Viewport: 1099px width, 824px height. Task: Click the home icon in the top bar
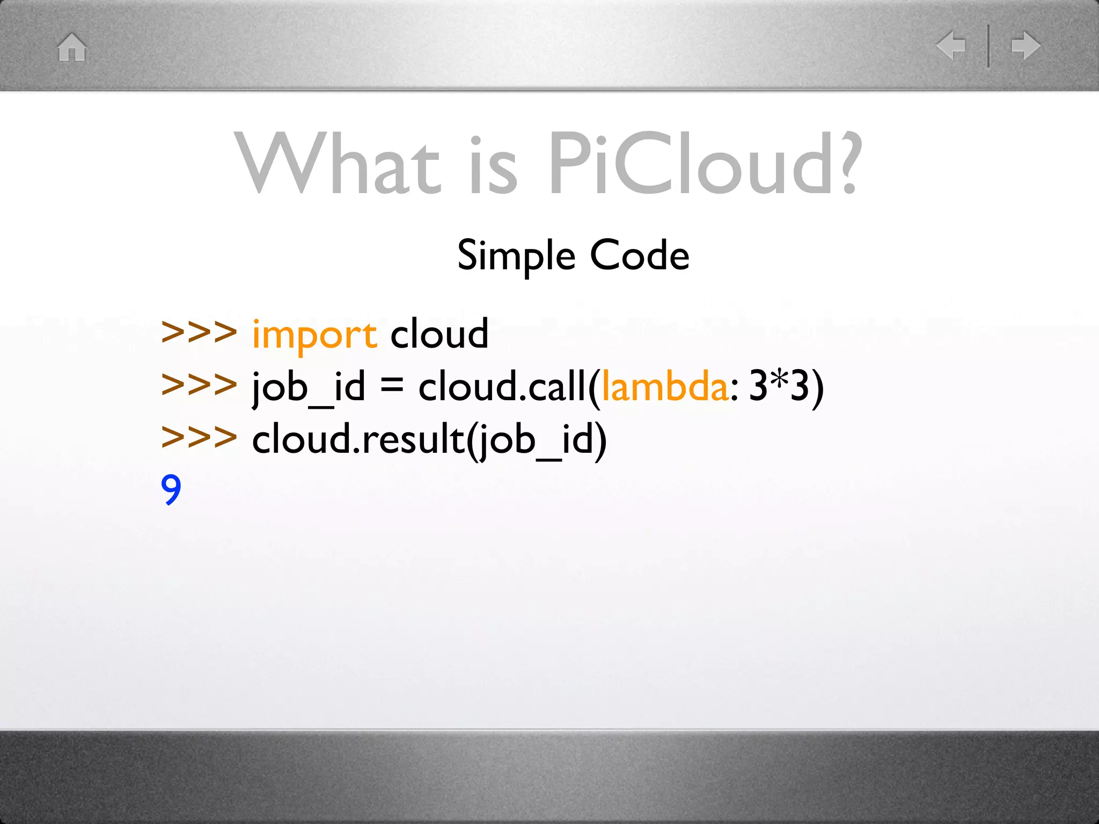click(x=72, y=47)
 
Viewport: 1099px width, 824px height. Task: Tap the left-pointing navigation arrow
click(x=951, y=46)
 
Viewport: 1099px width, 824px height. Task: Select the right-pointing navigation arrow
click(x=1025, y=46)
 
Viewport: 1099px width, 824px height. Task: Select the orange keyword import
click(x=314, y=335)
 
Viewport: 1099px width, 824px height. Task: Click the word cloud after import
click(x=439, y=334)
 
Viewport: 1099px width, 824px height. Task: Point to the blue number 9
click(x=171, y=489)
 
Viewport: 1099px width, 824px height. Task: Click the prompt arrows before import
click(x=199, y=333)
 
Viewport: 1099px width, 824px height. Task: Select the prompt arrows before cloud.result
click(x=199, y=437)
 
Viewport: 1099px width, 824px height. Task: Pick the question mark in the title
click(x=847, y=164)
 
